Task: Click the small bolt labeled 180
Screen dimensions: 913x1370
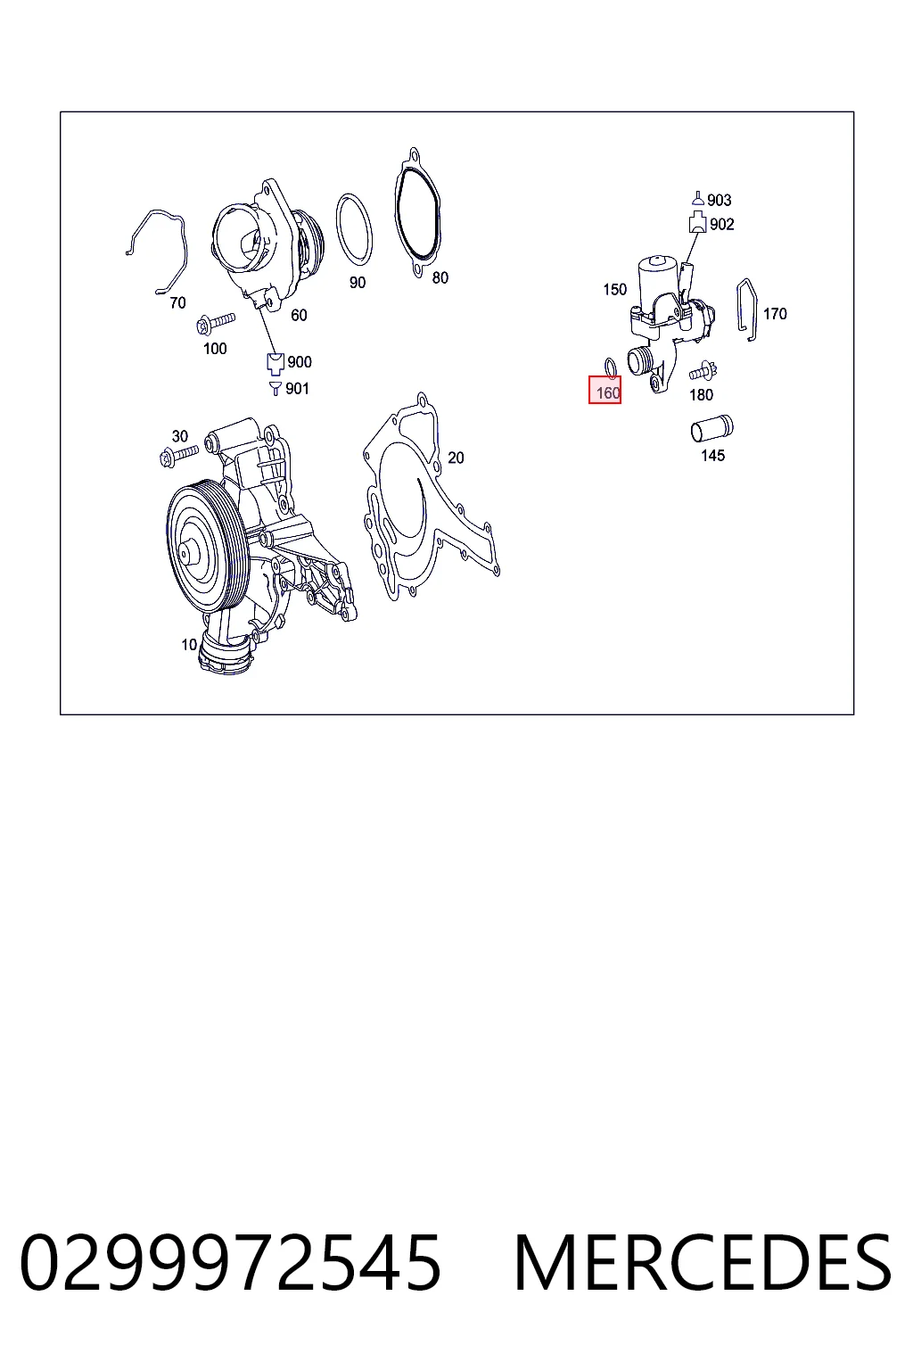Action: [x=703, y=371]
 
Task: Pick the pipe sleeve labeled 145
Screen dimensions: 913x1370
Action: [x=711, y=428]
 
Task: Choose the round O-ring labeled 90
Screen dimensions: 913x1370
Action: [x=354, y=228]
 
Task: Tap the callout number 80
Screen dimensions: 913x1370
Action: [x=440, y=277]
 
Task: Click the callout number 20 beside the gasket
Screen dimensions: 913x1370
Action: [x=456, y=458]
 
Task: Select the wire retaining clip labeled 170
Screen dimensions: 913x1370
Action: [x=746, y=309]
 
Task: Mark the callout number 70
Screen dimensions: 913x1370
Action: [x=177, y=302]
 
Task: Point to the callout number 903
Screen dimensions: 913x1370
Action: [x=720, y=200]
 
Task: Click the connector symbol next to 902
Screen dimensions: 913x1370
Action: [x=698, y=223]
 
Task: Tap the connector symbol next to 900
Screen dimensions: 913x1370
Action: [x=276, y=363]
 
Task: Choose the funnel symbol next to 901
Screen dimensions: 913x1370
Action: [x=276, y=388]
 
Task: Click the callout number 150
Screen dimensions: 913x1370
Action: [x=614, y=289]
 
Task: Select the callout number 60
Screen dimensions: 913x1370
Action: [x=299, y=315]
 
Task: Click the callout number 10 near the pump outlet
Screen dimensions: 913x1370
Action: [x=189, y=644]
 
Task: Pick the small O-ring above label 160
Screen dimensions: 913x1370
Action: [x=611, y=368]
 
